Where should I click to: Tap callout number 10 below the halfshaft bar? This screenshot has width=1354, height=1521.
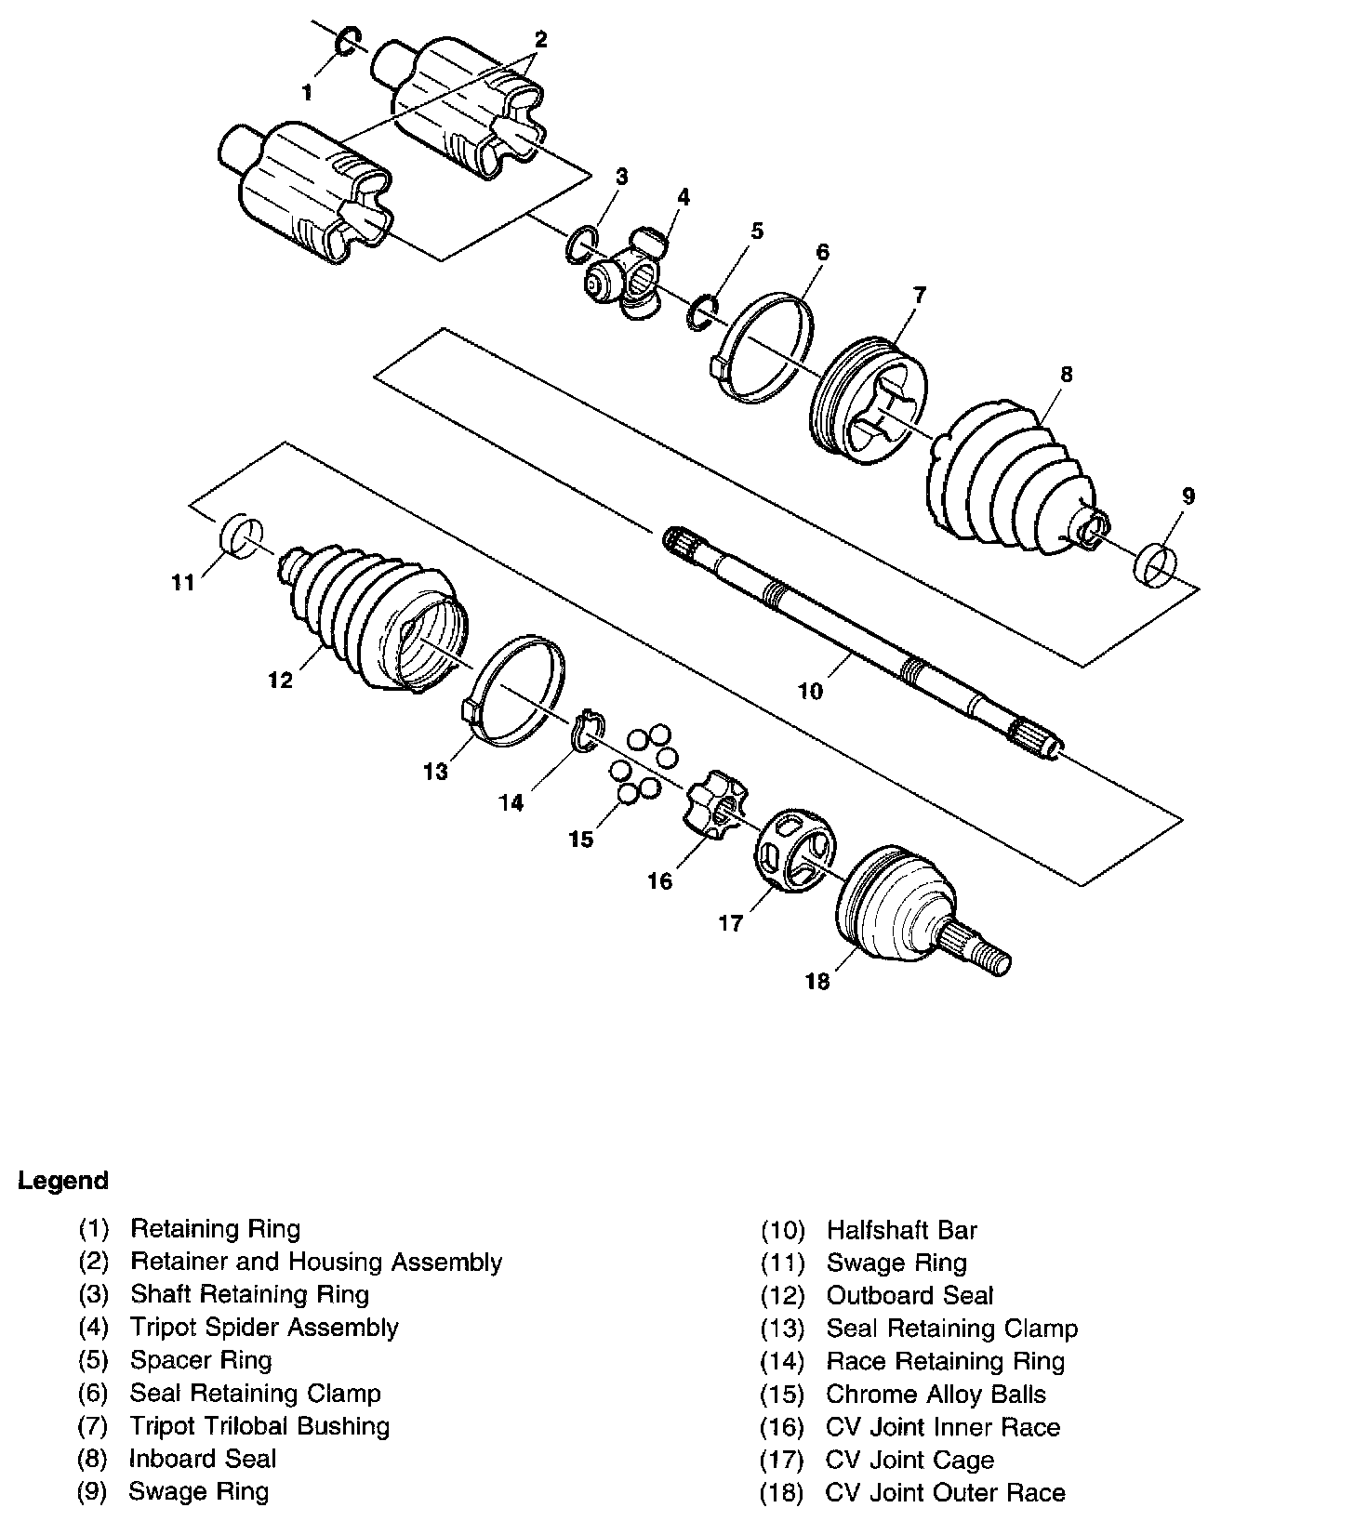coord(810,691)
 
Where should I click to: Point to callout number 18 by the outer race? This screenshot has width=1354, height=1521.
coord(816,982)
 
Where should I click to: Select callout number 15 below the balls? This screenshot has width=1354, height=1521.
coord(581,840)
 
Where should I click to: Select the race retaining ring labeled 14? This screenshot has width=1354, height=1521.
coord(588,731)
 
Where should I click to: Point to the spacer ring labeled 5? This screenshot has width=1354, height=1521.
coord(701,311)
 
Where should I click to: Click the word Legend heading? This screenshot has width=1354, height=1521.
coord(63,1181)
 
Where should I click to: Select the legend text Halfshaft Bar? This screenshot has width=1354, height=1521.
coord(901,1231)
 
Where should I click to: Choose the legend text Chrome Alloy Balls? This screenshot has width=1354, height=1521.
coord(936,1395)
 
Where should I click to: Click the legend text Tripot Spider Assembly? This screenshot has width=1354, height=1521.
coord(264,1328)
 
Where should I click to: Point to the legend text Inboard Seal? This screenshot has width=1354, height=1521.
coord(203,1459)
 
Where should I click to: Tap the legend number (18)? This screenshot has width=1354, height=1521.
coord(781,1493)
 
